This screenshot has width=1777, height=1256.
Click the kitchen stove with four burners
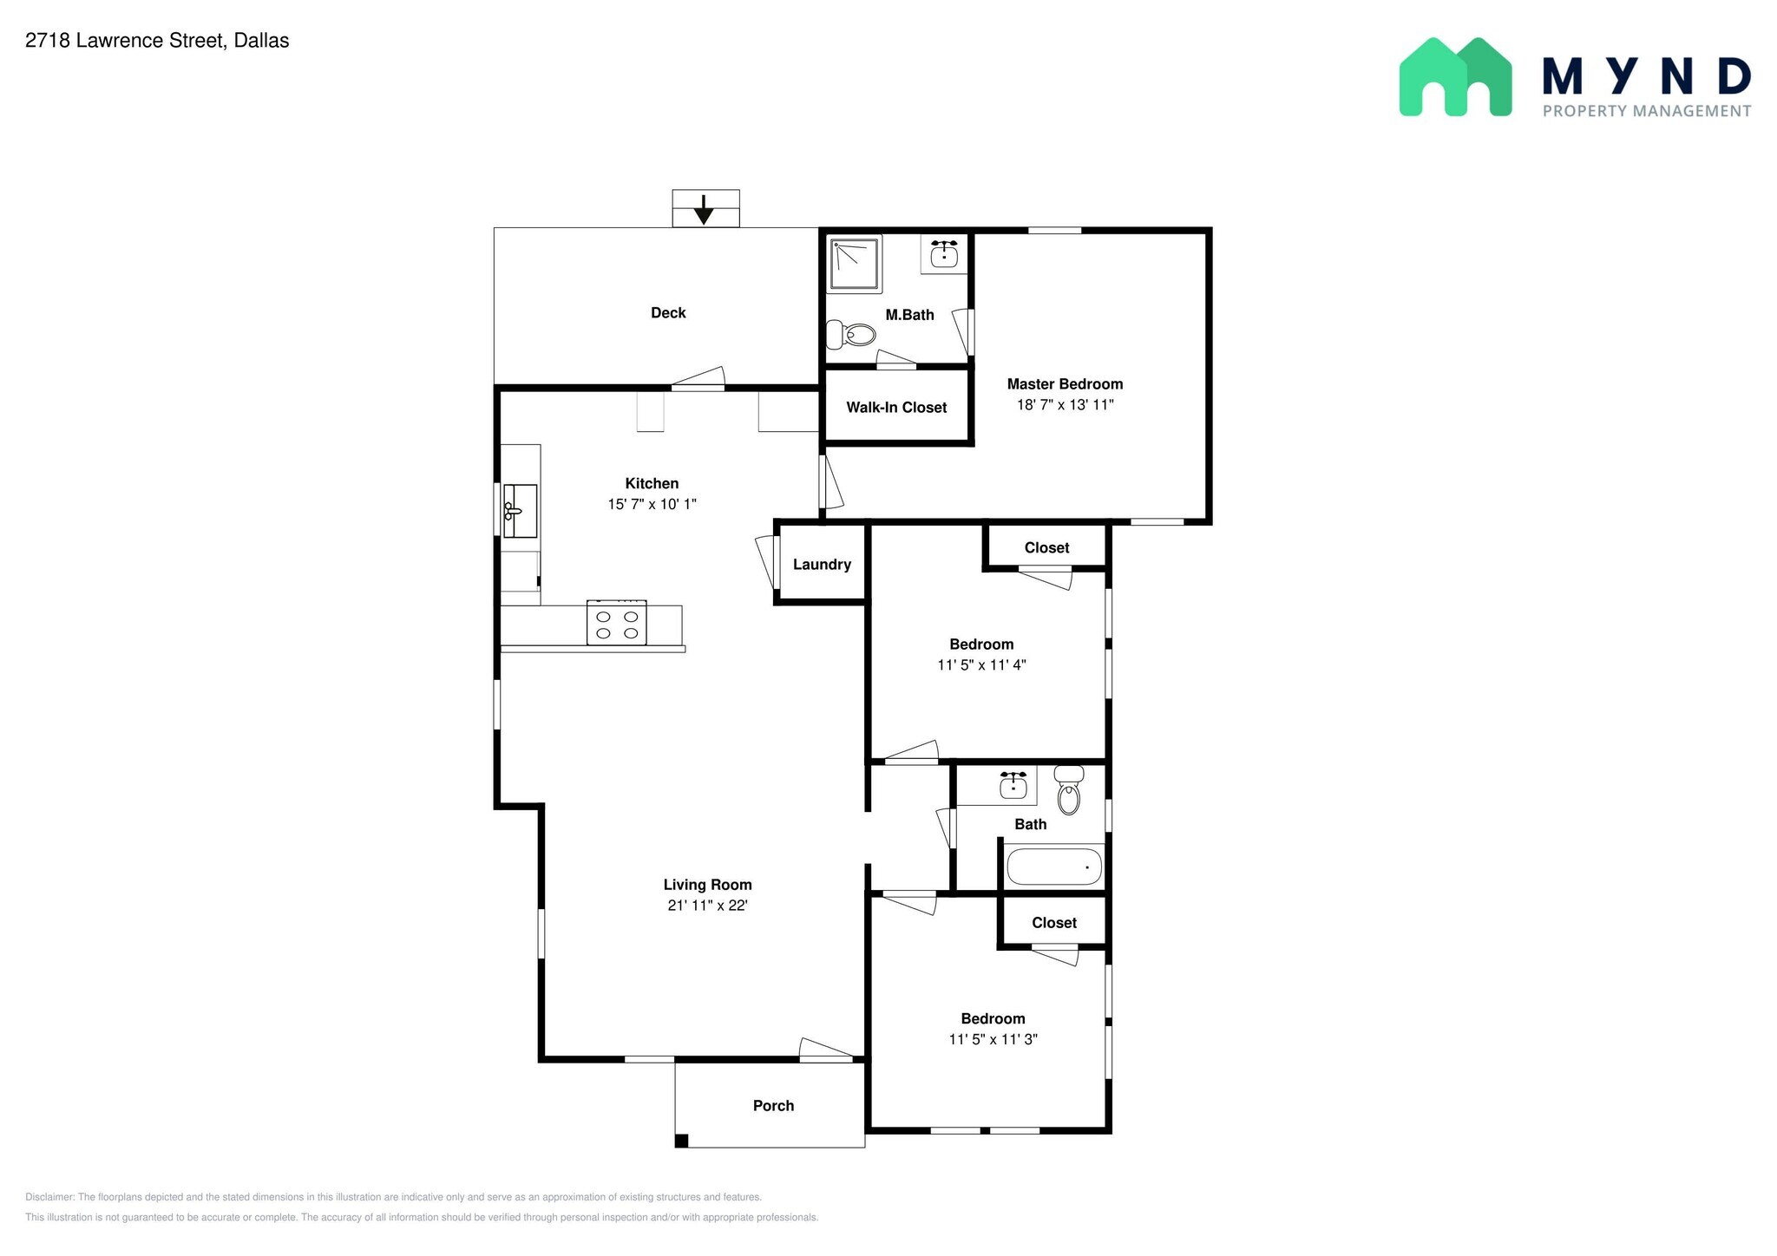(616, 622)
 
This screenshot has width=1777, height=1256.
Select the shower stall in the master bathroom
(855, 264)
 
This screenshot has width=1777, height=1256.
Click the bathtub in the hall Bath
(1054, 867)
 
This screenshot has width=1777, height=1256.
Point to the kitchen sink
(520, 511)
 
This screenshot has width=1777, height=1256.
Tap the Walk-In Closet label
(896, 408)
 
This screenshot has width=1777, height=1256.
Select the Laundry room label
(822, 565)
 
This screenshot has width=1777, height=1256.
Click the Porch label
(773, 1106)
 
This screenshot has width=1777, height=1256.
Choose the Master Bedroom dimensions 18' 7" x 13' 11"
(1065, 404)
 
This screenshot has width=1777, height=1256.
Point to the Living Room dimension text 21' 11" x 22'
(707, 906)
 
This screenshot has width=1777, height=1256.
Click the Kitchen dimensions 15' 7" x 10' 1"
(652, 504)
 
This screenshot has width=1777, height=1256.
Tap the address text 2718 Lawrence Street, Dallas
(157, 41)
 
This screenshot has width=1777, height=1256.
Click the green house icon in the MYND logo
(1455, 77)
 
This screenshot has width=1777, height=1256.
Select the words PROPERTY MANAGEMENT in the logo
(1647, 111)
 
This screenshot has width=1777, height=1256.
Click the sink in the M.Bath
(943, 254)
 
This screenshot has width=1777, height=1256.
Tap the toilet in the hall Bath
(1069, 789)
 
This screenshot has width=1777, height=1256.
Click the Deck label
(668, 313)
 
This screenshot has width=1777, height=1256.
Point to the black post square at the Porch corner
(682, 1141)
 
